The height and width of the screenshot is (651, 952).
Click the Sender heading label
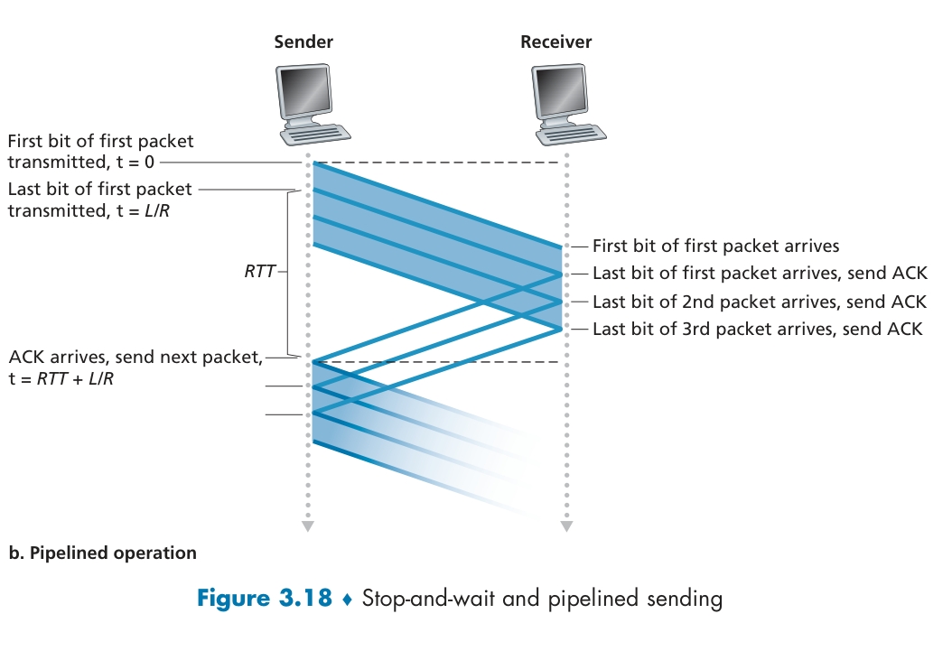(303, 42)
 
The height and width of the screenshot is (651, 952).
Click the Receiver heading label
(556, 42)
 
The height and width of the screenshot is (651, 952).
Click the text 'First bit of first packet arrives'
(716, 246)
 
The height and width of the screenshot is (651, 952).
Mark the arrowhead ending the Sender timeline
(308, 525)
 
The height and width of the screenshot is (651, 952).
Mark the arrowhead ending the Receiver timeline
(566, 525)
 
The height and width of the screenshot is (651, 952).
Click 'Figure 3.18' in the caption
(264, 599)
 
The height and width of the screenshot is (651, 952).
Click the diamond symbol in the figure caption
(347, 600)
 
